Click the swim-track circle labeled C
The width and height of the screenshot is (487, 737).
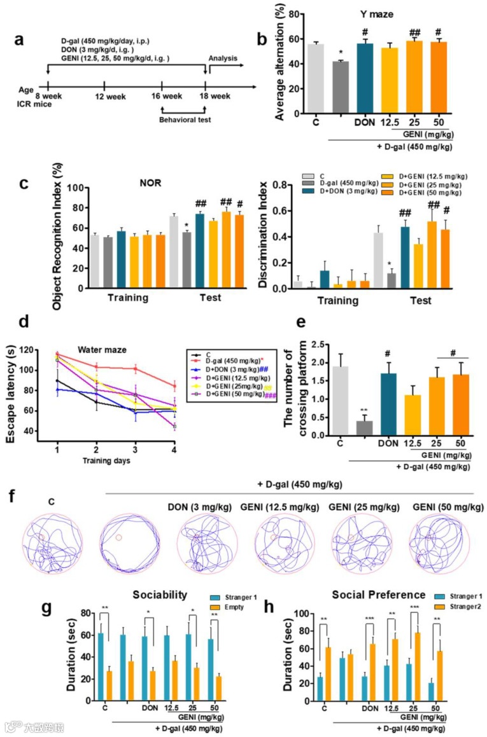coord(52,542)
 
